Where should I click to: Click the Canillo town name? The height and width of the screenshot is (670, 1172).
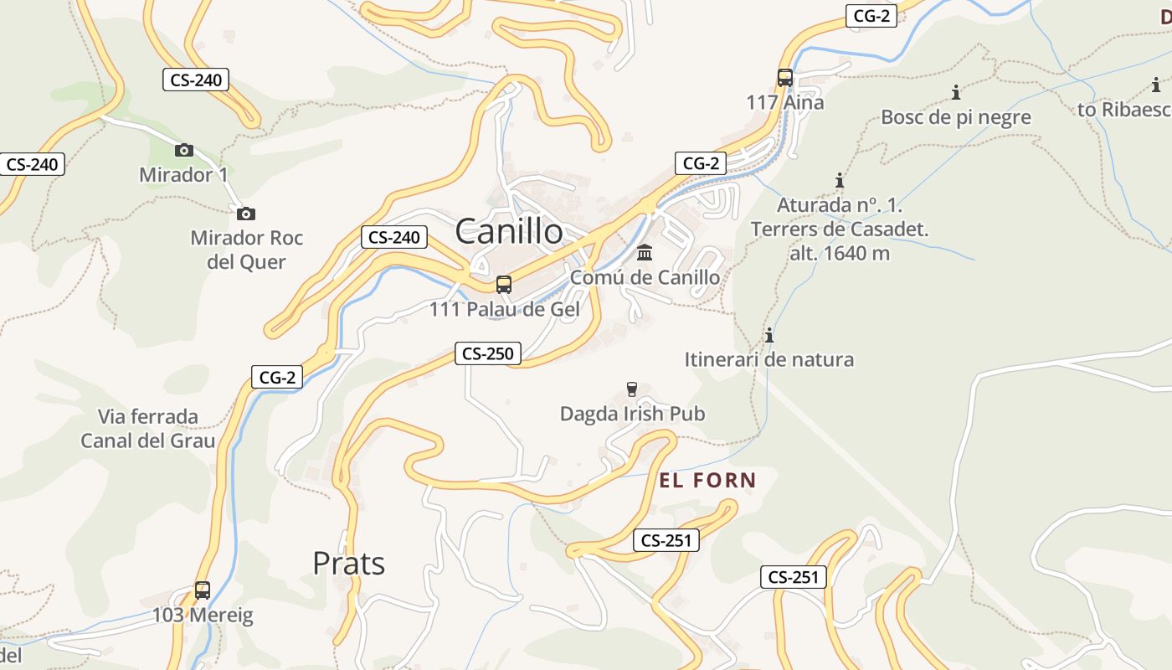coord(509,232)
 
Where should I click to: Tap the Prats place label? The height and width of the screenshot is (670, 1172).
coord(348,564)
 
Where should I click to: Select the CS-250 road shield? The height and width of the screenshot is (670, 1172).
coord(487,353)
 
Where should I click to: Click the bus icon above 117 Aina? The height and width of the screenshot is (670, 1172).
coord(785,78)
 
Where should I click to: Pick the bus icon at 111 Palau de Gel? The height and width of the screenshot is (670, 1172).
coord(504,285)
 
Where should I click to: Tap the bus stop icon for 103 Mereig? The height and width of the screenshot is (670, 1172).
coord(203,590)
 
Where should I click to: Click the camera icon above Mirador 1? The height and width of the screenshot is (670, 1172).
coord(184,151)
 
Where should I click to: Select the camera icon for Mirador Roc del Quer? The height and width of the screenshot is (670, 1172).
coord(245,214)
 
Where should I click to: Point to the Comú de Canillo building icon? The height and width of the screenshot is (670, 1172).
coord(645,252)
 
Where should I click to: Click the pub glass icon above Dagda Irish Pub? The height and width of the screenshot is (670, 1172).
coord(632,389)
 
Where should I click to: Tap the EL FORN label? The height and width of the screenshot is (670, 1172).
coord(707,481)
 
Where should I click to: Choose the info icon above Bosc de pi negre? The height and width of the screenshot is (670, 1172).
coord(956,92)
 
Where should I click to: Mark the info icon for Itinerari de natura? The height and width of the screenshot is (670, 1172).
coord(769,336)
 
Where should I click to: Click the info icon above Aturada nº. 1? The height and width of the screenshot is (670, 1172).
coord(840,180)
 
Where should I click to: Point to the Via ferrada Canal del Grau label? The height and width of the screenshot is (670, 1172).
coord(148,429)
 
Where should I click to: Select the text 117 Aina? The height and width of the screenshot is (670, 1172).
coord(785,102)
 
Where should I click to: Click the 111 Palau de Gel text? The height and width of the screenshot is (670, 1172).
coord(504,309)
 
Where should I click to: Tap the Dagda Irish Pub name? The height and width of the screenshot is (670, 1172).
coord(632,414)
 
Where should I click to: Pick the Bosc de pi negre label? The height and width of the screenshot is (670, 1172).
coord(956,117)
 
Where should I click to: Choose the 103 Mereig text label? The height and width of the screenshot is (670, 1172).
coord(203,616)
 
